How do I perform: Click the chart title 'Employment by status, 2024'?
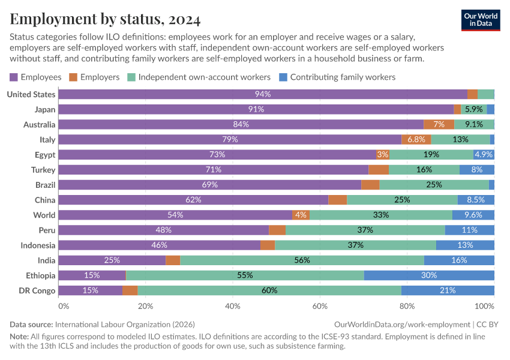click(105, 19)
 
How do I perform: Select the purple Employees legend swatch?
click(14, 77)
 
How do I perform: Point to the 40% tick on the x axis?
click(232, 306)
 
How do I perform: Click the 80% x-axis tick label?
click(407, 306)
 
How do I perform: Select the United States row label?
click(31, 94)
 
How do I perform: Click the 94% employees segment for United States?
click(263, 94)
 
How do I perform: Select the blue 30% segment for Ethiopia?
click(429, 275)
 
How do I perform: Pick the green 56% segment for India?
click(302, 260)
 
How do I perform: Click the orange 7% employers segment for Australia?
click(439, 124)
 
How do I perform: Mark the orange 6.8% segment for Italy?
click(416, 139)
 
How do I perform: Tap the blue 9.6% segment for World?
click(473, 215)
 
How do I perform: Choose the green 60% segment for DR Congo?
click(269, 290)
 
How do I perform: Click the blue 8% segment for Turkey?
click(477, 170)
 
